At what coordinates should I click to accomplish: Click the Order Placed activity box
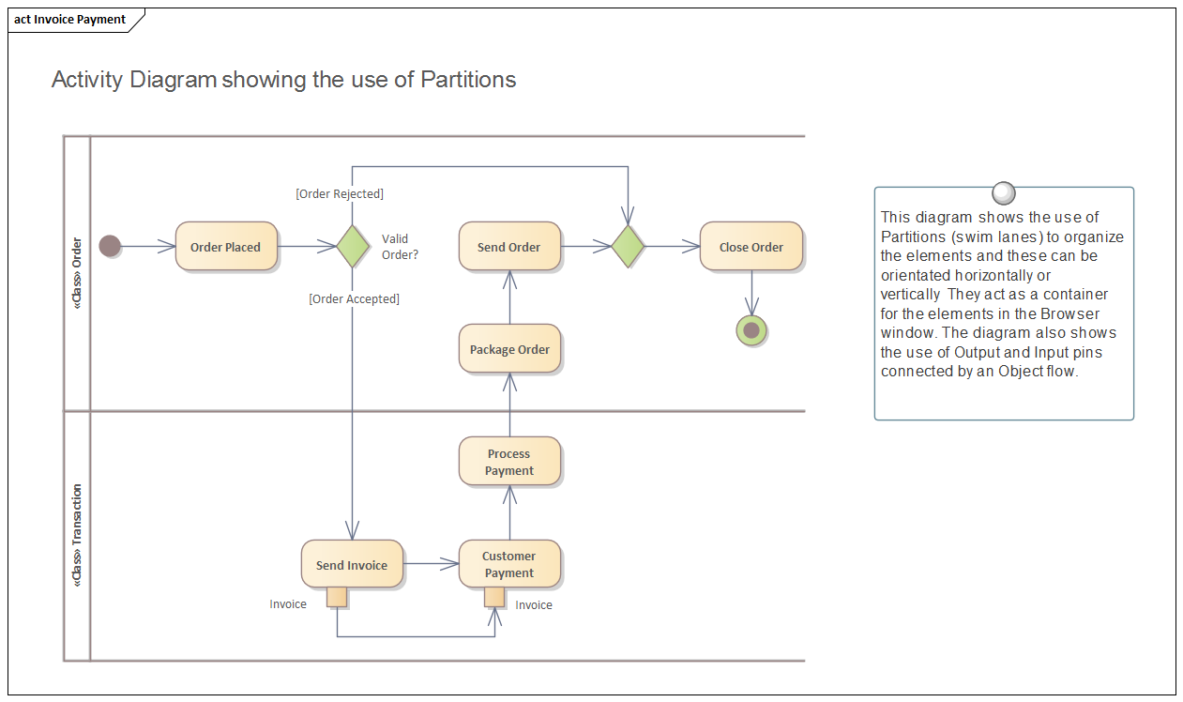(x=226, y=247)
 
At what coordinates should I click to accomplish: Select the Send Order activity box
(x=509, y=247)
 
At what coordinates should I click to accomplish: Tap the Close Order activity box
(x=751, y=247)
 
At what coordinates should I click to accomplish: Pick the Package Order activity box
(x=509, y=349)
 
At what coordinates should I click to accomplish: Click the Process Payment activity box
(x=509, y=462)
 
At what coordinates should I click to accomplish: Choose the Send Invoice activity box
(x=352, y=565)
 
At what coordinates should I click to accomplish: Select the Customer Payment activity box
(x=509, y=564)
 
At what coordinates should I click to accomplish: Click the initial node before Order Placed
(x=110, y=247)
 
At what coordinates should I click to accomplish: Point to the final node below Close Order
(x=751, y=330)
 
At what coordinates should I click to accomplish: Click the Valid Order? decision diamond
(x=352, y=247)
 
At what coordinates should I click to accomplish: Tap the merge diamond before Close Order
(x=628, y=247)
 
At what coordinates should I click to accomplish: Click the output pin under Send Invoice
(x=337, y=598)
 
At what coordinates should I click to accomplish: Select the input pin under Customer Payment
(x=494, y=598)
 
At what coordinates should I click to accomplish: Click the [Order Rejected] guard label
(x=340, y=194)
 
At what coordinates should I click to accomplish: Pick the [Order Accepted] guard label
(x=354, y=299)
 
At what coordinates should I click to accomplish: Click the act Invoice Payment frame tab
(x=70, y=20)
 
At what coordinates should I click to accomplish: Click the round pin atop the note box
(x=1003, y=193)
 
